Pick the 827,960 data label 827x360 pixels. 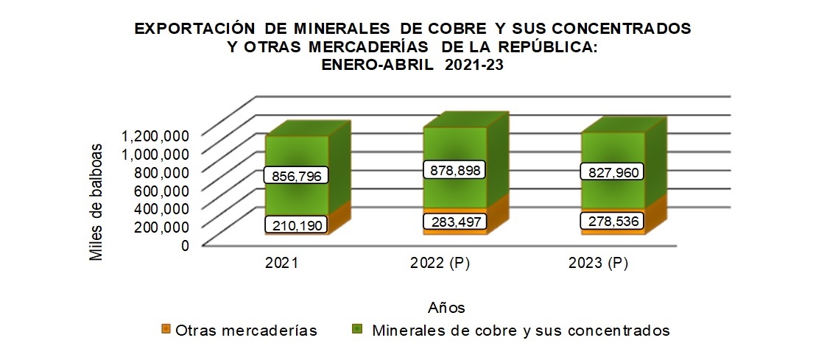coord(613,173)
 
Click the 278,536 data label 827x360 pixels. coord(613,222)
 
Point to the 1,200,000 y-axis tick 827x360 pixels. coord(157,135)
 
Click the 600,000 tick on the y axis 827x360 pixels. coord(163,190)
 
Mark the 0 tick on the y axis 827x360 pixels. coord(184,245)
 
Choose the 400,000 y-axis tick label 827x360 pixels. coord(163,208)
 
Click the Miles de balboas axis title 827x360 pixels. coord(96,200)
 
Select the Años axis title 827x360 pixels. coord(446,306)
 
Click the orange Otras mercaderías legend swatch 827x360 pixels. coord(166,329)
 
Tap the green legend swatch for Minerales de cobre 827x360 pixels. coord(359,329)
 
